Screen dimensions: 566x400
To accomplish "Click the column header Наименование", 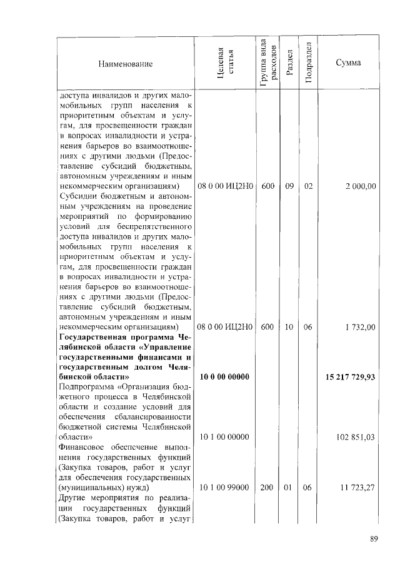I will coord(124,64).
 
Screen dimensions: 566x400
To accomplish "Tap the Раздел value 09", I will coord(289,186).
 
